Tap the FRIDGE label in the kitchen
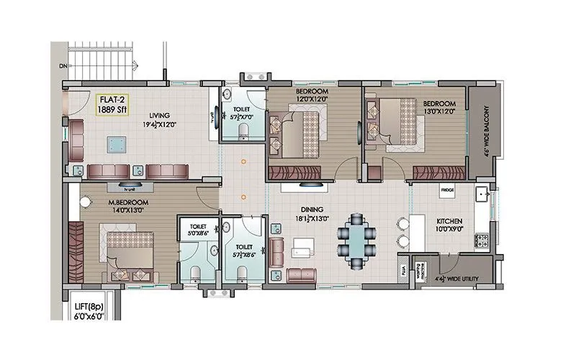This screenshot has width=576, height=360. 447,190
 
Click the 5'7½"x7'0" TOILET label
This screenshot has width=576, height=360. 241,113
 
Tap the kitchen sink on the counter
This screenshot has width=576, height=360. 482,194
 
